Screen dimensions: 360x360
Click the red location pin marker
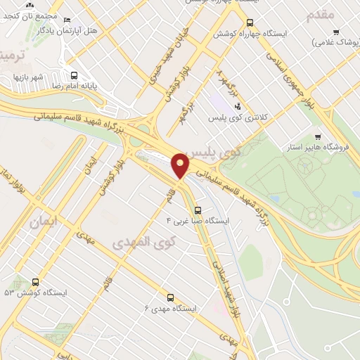pos(181,165)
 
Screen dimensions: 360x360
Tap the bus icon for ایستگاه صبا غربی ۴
pos(198,210)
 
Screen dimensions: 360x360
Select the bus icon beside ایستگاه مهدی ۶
pos(169,297)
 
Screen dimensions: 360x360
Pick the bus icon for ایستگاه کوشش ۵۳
pos(35,282)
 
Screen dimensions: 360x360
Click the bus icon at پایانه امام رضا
pos(73,75)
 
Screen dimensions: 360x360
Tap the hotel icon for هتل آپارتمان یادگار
pos(67,20)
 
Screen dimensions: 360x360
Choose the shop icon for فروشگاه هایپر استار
pos(318,136)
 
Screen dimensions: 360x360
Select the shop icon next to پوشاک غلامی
pos(336,32)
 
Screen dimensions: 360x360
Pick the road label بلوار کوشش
pos(169,85)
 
